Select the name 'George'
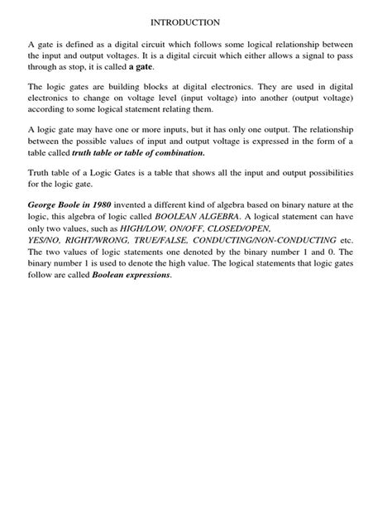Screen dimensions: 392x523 [46, 204]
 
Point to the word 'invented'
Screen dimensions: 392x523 [146, 204]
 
